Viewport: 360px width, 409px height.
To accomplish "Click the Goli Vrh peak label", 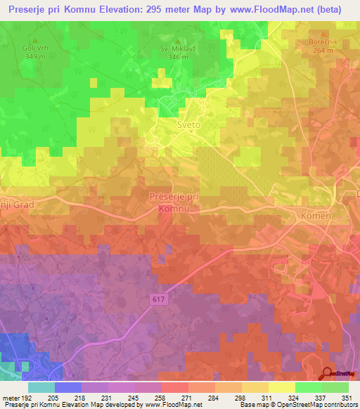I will point(32,51).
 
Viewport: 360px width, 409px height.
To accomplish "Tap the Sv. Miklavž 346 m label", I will point(174,53).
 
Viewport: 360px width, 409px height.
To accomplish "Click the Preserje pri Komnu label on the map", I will point(174,203).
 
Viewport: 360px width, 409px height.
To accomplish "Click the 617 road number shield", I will point(160,299).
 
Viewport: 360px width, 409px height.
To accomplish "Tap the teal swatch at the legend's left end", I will point(41,387).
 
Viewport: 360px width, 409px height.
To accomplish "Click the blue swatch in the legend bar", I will point(68,387).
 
